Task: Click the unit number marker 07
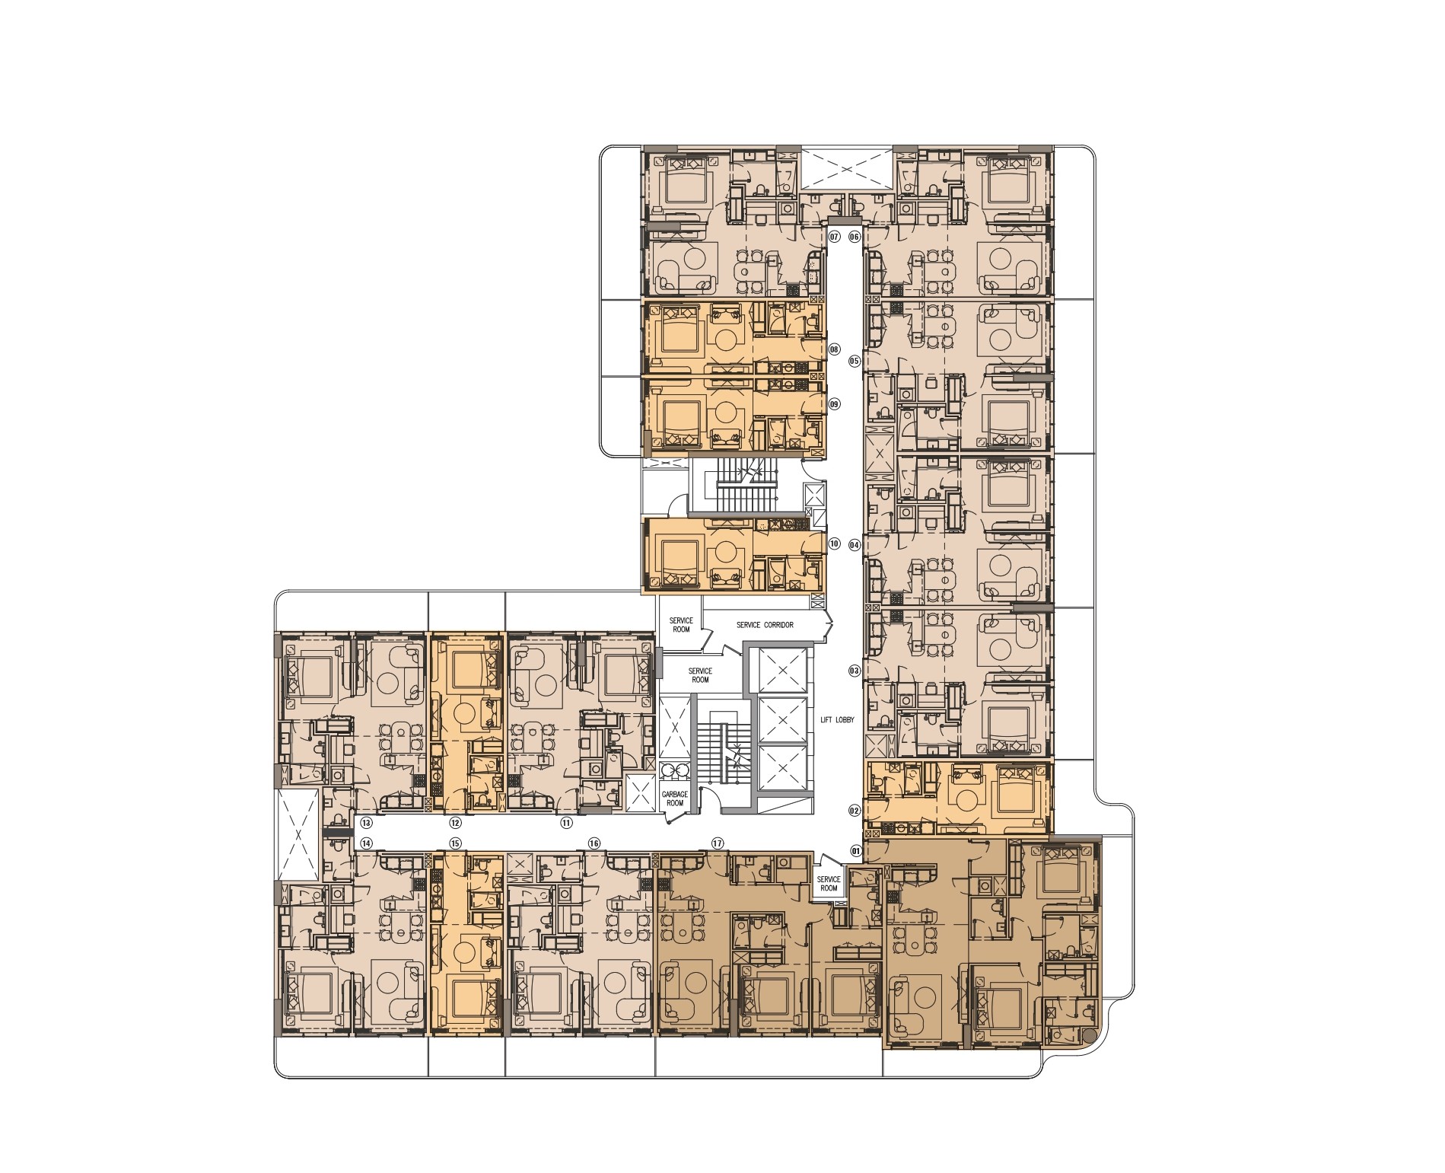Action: pos(834,237)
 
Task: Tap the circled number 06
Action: pos(855,237)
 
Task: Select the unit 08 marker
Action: pos(834,350)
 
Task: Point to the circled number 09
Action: pos(834,404)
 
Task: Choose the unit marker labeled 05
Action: pos(855,361)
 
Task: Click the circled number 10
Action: pos(834,544)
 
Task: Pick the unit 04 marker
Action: pos(855,544)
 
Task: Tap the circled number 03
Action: pos(855,671)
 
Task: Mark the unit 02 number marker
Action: pos(855,811)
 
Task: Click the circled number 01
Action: pos(855,850)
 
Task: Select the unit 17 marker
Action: pos(716,843)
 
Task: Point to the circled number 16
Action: pos(594,843)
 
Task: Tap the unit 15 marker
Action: pos(455,843)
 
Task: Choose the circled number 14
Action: pos(366,843)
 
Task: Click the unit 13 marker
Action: pos(366,822)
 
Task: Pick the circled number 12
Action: pos(455,822)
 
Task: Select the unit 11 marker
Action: pos(566,822)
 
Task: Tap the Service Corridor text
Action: pos(764,625)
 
